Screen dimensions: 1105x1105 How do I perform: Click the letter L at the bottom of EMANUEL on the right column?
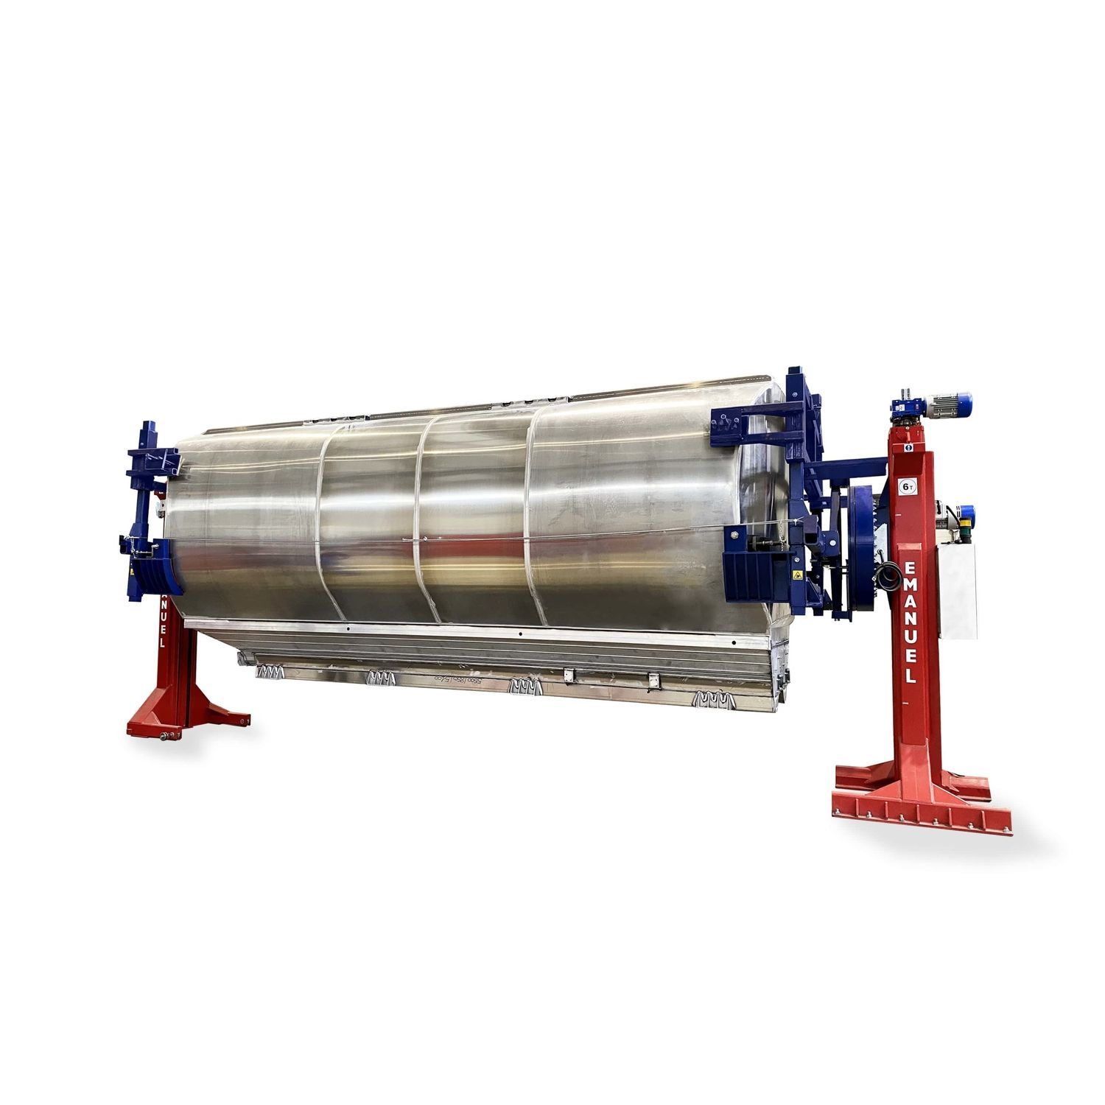click(911, 676)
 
